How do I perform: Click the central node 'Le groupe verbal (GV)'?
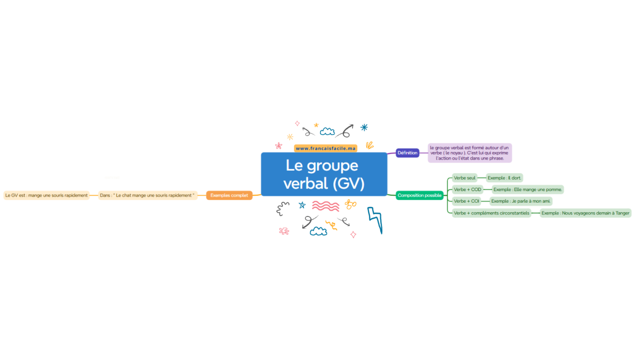point(324,174)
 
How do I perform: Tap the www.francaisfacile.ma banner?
point(325,148)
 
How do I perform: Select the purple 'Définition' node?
point(407,153)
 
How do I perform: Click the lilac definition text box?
point(470,153)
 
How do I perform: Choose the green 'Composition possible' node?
point(419,195)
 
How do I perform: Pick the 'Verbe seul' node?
point(465,178)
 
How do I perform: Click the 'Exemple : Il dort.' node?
point(505,178)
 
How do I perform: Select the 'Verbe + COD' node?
point(467,189)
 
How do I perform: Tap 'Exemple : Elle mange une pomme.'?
point(527,189)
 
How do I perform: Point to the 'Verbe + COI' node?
point(466,201)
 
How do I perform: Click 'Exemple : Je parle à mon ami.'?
point(521,201)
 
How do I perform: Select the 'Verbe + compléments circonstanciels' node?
point(491,213)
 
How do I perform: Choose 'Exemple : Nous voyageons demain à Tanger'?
point(586,213)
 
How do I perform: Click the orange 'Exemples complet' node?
point(229,195)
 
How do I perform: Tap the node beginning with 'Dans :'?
point(147,195)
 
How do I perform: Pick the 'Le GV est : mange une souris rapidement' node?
point(46,195)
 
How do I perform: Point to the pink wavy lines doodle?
point(325,206)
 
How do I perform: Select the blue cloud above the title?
point(327,131)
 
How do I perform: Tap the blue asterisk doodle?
point(364,127)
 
